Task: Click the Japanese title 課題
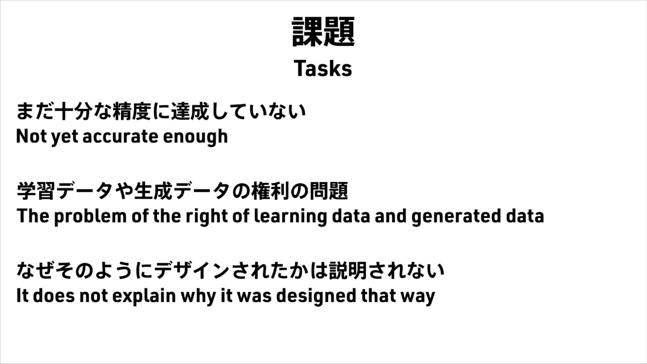(323, 32)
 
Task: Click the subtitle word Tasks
(323, 68)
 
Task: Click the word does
(54, 296)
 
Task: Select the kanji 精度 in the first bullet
(132, 111)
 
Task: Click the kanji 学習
(36, 191)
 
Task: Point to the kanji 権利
(271, 191)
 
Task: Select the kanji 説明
(348, 271)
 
